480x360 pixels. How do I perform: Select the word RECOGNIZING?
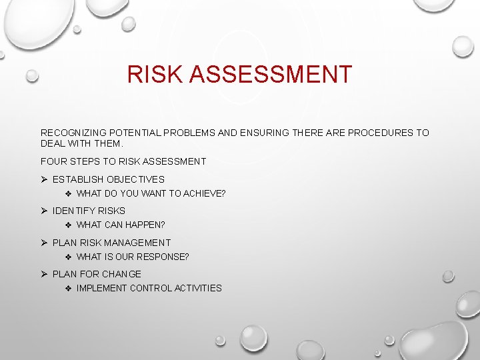click(73, 133)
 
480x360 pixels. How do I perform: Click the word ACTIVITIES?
click(198, 288)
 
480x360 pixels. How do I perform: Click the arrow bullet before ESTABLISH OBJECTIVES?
click(44, 179)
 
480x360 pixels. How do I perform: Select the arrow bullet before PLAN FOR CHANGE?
click(44, 274)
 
